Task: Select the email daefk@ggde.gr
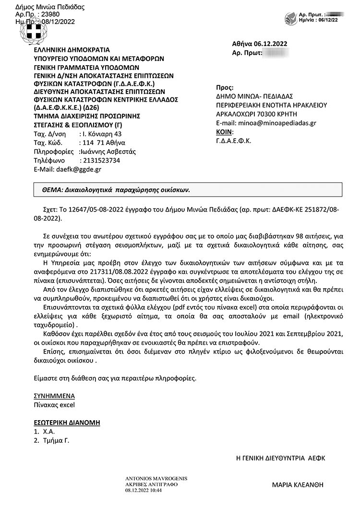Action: [x=79, y=169]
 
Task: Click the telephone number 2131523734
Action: [x=101, y=160]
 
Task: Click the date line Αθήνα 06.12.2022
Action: [x=259, y=44]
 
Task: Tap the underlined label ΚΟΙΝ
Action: [x=224, y=132]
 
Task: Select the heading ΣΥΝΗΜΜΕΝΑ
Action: [x=54, y=396]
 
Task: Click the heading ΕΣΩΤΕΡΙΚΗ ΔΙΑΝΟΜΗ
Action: [x=67, y=423]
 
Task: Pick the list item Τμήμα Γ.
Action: [x=56, y=440]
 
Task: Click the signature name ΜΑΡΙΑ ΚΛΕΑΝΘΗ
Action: [x=298, y=485]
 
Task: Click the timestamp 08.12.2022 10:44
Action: [x=144, y=490]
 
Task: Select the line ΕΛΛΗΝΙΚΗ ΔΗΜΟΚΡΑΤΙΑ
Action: [x=72, y=49]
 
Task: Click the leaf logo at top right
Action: [x=291, y=19]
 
